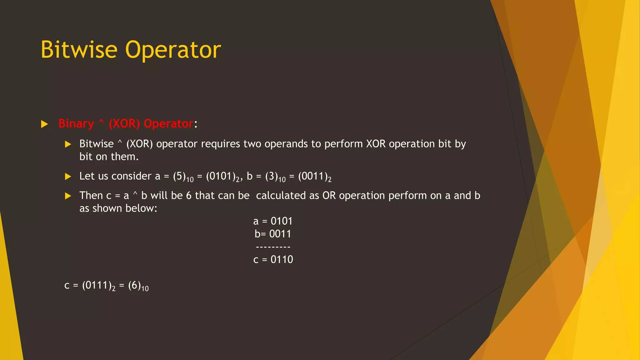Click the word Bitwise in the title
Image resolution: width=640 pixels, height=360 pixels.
pos(79,50)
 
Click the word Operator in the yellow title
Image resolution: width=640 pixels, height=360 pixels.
pos(173,50)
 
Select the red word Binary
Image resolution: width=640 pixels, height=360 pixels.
pos(76,124)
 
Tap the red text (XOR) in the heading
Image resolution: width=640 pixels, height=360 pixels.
pos(124,124)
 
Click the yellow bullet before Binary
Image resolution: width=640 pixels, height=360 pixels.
pos(44,124)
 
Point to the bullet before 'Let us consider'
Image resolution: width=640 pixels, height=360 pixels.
pos(68,177)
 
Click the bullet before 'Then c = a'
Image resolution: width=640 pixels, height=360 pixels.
pos(68,196)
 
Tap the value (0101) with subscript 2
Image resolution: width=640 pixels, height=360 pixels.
pos(221,176)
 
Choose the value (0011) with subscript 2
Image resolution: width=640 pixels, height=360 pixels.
pos(313,176)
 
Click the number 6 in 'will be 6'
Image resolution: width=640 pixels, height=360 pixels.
pos(189,196)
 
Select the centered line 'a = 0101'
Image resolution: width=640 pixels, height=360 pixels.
pos(273,221)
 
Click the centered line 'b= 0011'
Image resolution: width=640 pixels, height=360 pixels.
pos(273,234)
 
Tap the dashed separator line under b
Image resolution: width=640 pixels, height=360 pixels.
pos(273,247)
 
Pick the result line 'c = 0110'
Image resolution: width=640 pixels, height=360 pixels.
pos(273,259)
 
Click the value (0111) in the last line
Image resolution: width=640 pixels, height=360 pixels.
pos(97,285)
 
